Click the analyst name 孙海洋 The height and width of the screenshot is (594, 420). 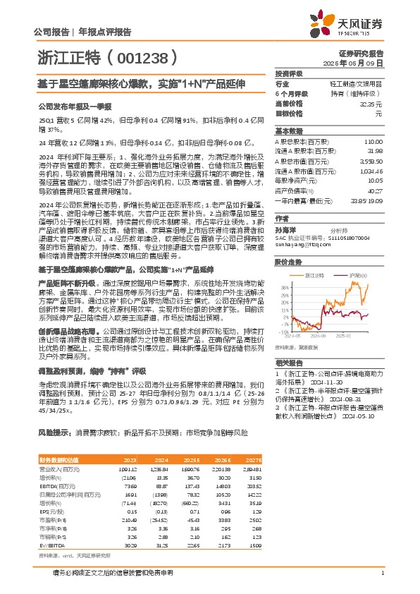click(285, 230)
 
